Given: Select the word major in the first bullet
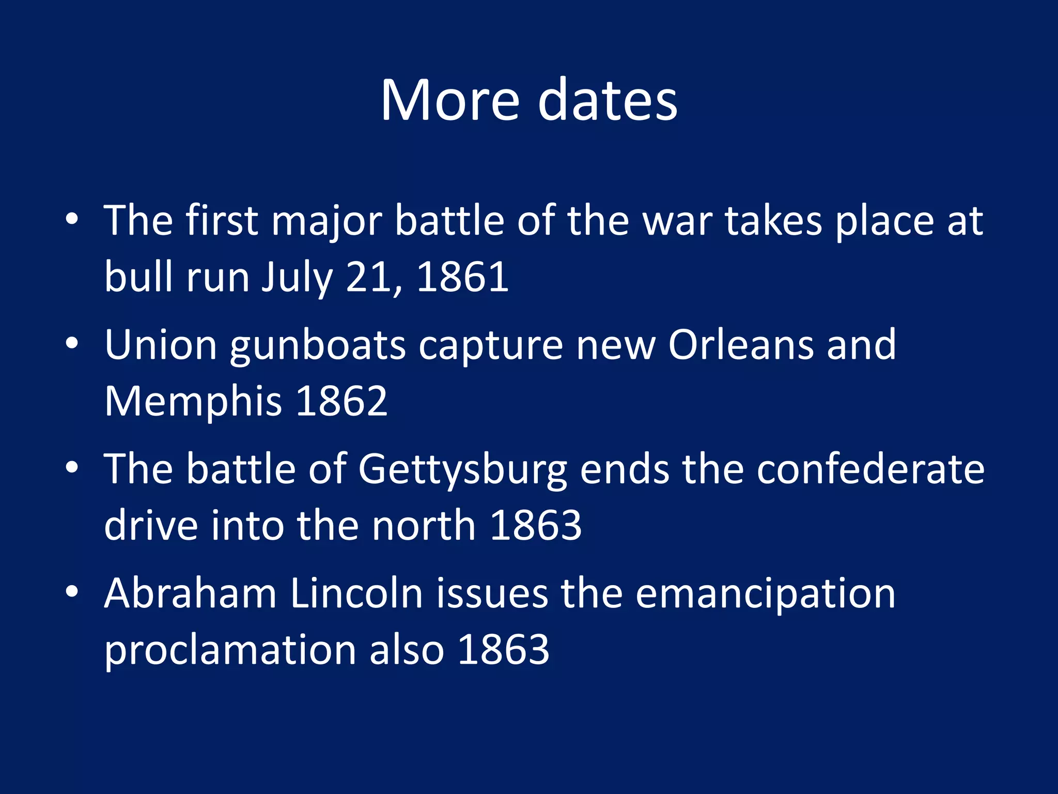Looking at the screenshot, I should pos(326,222).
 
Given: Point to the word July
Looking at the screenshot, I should pos(297,278).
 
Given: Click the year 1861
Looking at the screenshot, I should pos(462,278).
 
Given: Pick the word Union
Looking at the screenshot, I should pos(161,345).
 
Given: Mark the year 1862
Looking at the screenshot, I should pos(342,401).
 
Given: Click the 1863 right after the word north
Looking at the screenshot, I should pos(536,526).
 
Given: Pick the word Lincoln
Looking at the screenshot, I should pos(356,593).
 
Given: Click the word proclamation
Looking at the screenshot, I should pos(230,651).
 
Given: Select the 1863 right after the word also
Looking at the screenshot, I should pos(503,650).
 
